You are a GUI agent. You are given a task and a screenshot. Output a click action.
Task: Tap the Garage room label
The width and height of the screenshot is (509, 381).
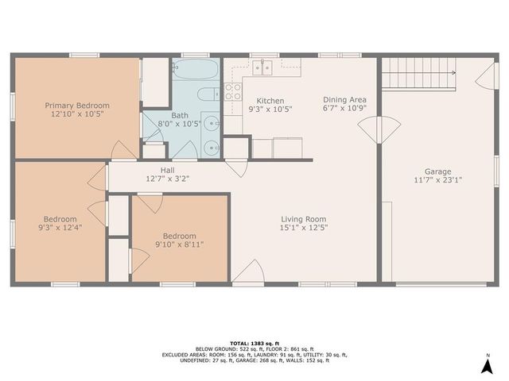[x=437, y=171]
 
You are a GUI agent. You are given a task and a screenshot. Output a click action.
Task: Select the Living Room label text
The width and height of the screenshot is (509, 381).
[x=304, y=219]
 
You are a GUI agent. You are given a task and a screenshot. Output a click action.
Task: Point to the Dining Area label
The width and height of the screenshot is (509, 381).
[x=344, y=99]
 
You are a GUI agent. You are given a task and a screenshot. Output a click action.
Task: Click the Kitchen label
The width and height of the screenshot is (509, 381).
[x=270, y=101]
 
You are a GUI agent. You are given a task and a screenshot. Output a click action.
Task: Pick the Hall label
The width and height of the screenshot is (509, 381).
[x=167, y=170]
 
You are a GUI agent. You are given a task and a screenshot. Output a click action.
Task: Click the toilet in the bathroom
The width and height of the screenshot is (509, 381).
[x=206, y=96]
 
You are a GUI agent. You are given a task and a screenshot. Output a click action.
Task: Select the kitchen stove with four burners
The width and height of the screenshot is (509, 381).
[x=233, y=91]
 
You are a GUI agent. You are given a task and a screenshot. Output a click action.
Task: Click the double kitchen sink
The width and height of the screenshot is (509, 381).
[x=262, y=67]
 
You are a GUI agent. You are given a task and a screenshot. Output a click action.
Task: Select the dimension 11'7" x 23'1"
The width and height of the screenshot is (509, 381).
[x=437, y=180]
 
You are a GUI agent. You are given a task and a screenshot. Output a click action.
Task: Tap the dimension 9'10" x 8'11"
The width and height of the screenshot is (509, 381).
[x=180, y=245]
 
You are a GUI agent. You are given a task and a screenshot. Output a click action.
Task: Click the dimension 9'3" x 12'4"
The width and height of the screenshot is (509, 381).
[x=60, y=229]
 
